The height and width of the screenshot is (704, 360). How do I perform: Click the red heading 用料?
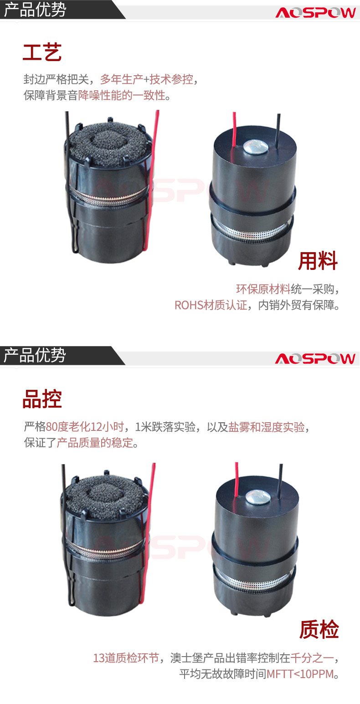coord(318,261)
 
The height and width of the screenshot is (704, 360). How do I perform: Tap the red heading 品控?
coord(42,399)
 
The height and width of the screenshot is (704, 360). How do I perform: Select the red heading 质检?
coord(319,630)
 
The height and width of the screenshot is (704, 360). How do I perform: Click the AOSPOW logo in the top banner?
coord(315,13)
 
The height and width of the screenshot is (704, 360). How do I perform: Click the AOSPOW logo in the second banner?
coord(315,358)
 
